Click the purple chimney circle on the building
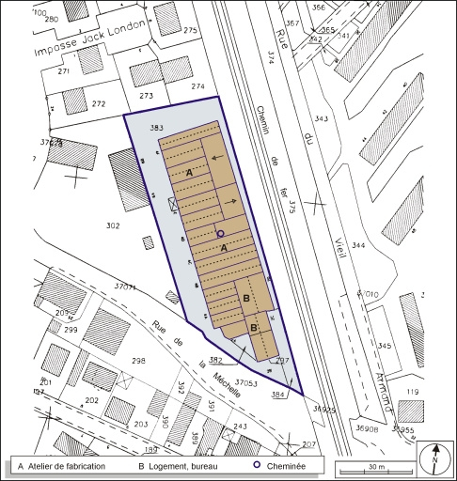coord(220,233)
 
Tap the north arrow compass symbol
coord(433,458)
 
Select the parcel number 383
coord(157,127)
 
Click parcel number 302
coord(114,225)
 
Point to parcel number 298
coord(138,361)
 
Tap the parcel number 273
coord(145,96)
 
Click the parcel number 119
coord(411,391)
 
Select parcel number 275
coord(192,31)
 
